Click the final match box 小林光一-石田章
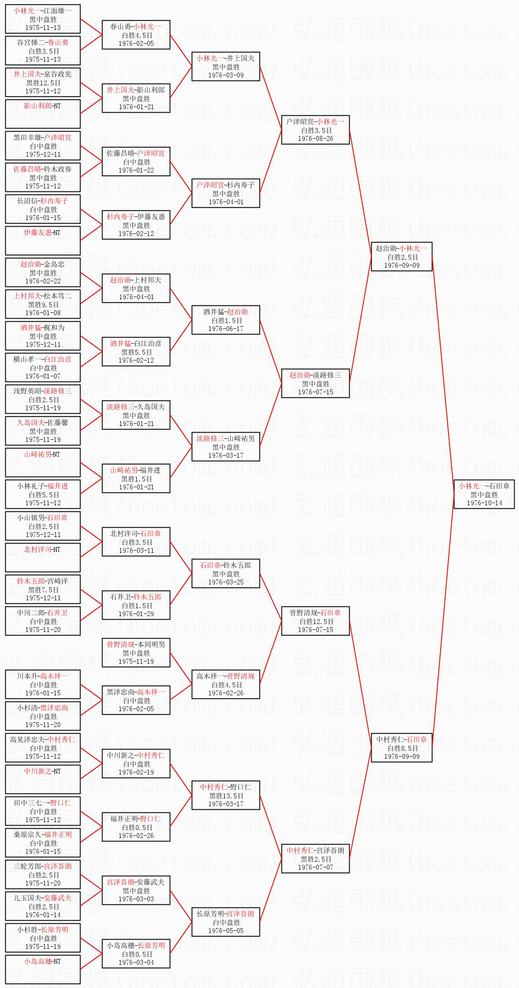point(484,494)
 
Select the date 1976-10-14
point(484,503)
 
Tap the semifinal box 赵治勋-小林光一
point(401,256)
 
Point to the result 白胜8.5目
point(401,748)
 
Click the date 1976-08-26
point(315,138)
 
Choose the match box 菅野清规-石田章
point(315,621)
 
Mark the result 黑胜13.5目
point(226,796)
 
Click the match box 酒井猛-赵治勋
point(226,320)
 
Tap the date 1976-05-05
point(226,930)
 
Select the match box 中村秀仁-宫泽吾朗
point(315,858)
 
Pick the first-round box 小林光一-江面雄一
point(43,19)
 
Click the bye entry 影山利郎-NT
point(43,114)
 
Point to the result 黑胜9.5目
point(43,304)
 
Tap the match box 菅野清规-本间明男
point(136,652)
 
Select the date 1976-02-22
point(43,281)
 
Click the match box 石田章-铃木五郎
point(226,573)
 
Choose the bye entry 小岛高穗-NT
point(43,969)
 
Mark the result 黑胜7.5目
point(43,589)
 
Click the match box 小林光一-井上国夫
point(226,66)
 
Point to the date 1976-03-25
point(226,582)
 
